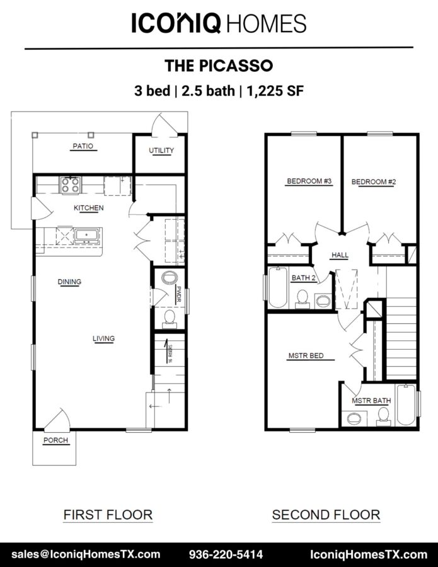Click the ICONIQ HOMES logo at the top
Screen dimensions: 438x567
pos(219,23)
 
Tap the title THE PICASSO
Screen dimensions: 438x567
pos(219,66)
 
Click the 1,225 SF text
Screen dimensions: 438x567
pos(275,91)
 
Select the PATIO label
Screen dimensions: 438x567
pos(83,146)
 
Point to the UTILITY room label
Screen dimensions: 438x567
pos(161,151)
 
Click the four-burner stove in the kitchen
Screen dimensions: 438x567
pos(70,185)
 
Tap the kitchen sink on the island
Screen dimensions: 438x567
pos(86,236)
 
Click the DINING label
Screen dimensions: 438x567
pos(69,282)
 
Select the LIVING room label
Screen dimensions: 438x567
pos(103,338)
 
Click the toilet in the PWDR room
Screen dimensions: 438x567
pos(169,319)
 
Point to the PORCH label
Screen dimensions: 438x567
pos(55,440)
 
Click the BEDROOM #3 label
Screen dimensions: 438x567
pos(309,181)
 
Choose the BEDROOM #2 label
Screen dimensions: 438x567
pos(374,182)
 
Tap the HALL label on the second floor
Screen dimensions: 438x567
pos(340,255)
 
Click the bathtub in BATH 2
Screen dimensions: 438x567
pos(278,287)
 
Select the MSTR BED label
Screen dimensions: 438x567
pos(306,356)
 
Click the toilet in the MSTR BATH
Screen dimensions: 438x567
pos(383,416)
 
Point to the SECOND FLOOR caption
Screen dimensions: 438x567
pos(326,515)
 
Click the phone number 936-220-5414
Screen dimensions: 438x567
pos(226,554)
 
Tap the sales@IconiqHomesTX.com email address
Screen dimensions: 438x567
pos(86,554)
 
